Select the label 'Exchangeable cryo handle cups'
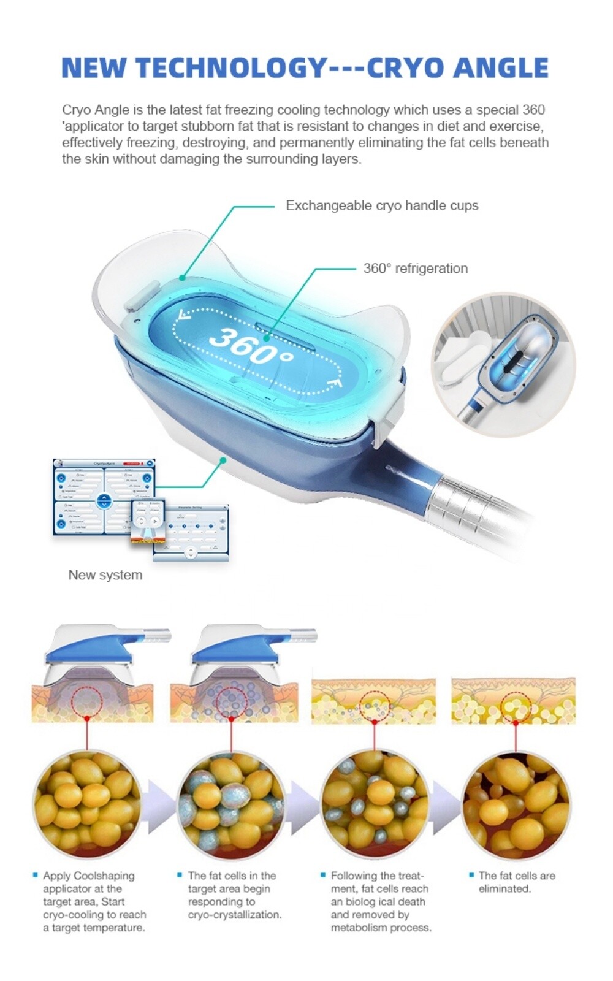point(382,205)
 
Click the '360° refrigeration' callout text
point(415,268)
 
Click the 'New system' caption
point(105,575)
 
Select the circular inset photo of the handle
point(503,364)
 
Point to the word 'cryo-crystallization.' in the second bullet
point(235,915)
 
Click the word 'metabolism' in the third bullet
point(357,928)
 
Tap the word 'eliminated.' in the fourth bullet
point(504,888)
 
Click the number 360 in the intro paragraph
point(533,110)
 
